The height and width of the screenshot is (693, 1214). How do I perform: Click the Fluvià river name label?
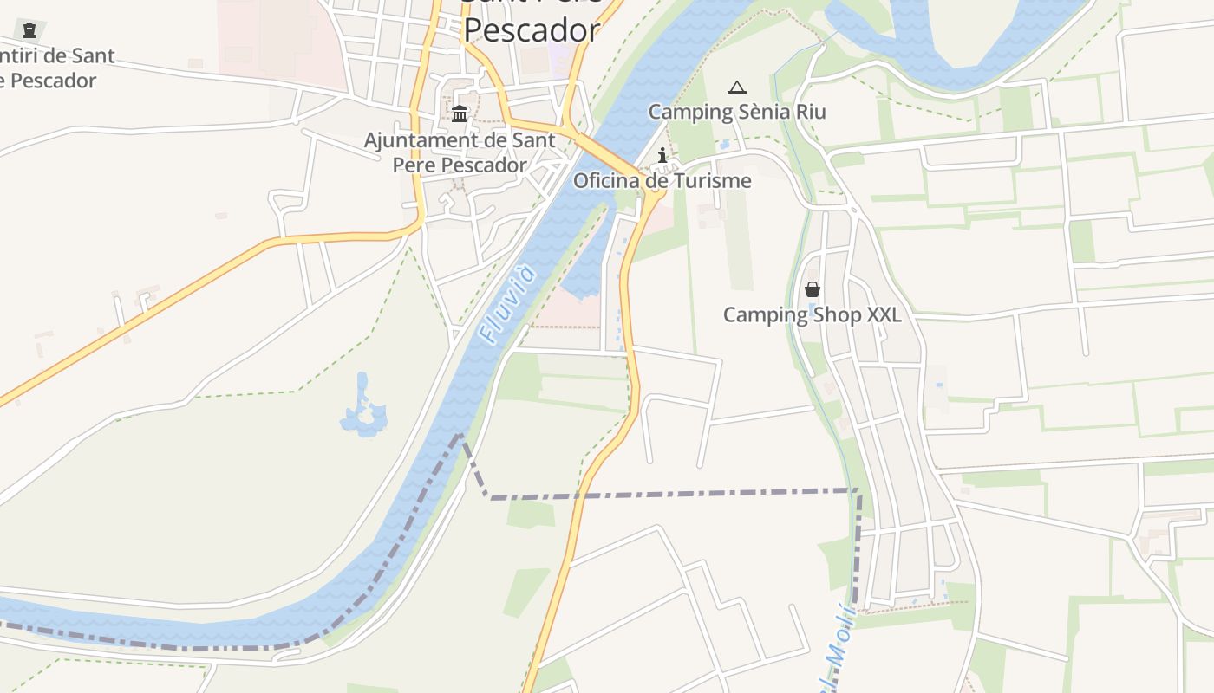pyautogui.click(x=507, y=306)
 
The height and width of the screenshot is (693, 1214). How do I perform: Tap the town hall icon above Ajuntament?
pyautogui.click(x=460, y=113)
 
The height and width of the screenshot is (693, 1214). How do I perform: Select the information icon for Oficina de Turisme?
pyautogui.click(x=663, y=156)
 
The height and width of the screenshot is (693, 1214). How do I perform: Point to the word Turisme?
pyautogui.click(x=709, y=181)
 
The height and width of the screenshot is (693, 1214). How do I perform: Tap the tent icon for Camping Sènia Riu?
pyautogui.click(x=737, y=87)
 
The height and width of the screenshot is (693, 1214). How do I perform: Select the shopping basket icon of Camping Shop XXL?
pyautogui.click(x=813, y=289)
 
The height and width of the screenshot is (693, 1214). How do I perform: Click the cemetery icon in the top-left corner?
pyautogui.click(x=30, y=31)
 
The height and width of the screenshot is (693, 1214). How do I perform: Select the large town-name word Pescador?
pyautogui.click(x=531, y=30)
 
